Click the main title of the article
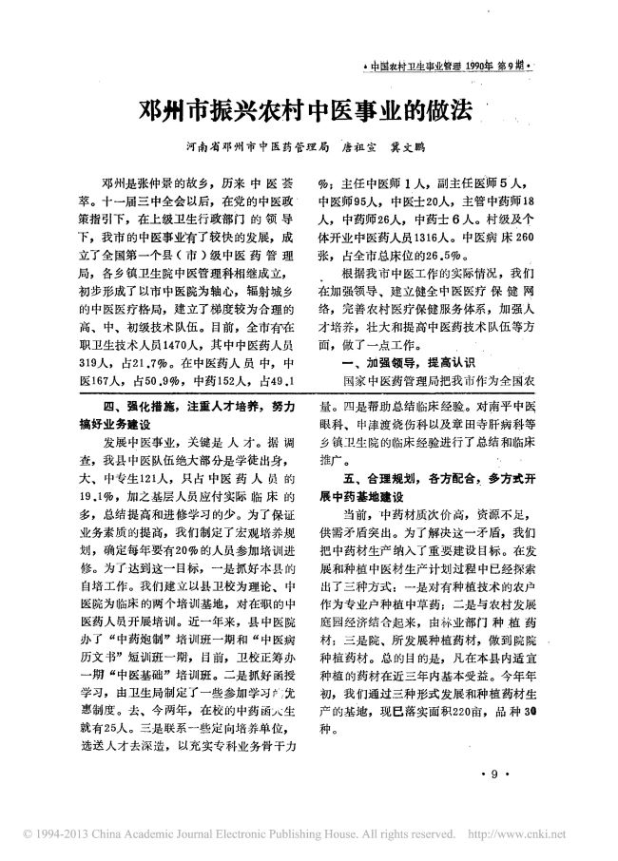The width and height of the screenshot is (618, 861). click(306, 110)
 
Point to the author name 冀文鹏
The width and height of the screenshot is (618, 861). click(433, 148)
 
